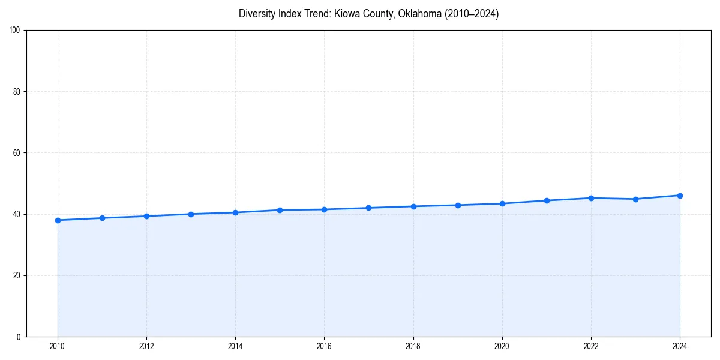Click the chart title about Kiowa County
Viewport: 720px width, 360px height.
tap(368, 14)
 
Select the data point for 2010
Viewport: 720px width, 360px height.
tap(58, 220)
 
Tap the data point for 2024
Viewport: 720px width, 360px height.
tap(680, 196)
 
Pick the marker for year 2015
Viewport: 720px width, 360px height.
tap(280, 210)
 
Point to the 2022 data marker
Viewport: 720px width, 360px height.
tap(591, 198)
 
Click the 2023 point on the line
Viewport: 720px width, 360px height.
tap(635, 199)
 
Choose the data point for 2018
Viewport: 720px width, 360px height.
tap(413, 206)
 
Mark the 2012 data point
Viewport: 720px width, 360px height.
tap(146, 216)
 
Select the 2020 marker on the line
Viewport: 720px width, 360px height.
tap(502, 203)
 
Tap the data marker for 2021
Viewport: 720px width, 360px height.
tap(547, 200)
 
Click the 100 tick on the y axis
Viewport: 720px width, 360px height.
tap(15, 31)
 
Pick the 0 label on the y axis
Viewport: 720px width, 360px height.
tap(19, 337)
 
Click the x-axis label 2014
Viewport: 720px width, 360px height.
tap(235, 346)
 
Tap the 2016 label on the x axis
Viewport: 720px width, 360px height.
tap(324, 346)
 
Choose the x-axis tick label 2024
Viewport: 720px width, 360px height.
tap(680, 346)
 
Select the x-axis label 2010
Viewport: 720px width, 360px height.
tap(58, 346)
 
